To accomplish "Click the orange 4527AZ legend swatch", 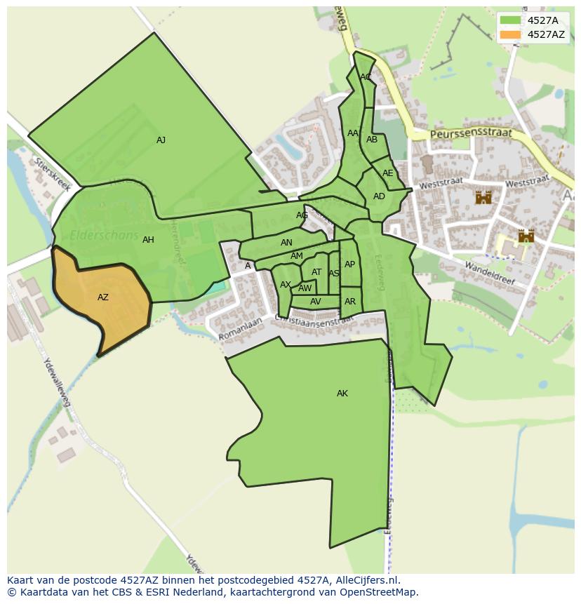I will (x=511, y=34).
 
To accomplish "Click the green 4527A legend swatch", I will (x=511, y=20).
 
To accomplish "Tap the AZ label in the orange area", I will (x=103, y=297).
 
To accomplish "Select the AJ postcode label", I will (x=161, y=140).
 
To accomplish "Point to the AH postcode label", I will (x=148, y=240).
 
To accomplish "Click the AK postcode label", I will (x=342, y=394).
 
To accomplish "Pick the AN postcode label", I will (x=286, y=243).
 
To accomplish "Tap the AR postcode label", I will (x=350, y=302).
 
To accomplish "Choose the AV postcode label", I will (x=316, y=302).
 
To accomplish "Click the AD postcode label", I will (x=379, y=196).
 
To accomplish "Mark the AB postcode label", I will (x=372, y=140).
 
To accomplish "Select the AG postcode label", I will (x=302, y=215).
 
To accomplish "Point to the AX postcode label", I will (x=286, y=285).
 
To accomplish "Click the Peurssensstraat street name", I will (x=471, y=133).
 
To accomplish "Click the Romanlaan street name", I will (x=240, y=329).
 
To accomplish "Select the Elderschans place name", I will (x=104, y=236).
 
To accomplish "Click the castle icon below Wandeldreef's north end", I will (x=526, y=236).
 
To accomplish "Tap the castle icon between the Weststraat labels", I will (x=483, y=197).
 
